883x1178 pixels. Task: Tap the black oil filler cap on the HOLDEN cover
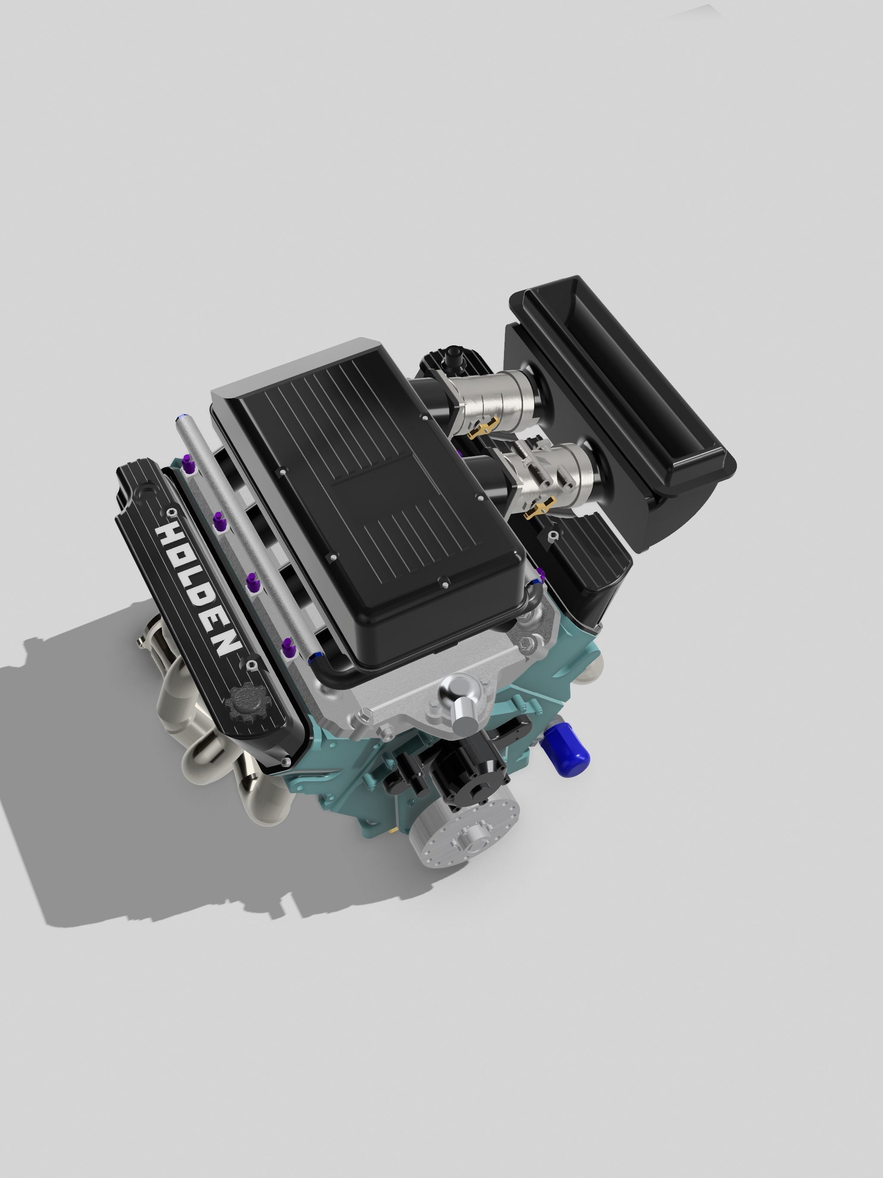[243, 707]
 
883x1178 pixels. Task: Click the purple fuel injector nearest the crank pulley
[288, 649]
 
